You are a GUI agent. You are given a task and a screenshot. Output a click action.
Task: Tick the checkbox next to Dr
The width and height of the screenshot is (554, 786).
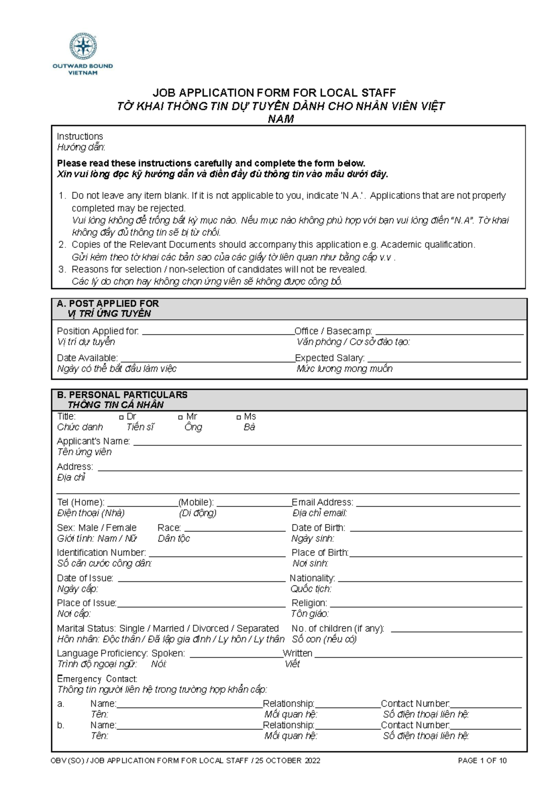121,417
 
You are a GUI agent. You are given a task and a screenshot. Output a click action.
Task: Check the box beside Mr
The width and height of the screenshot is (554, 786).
181,417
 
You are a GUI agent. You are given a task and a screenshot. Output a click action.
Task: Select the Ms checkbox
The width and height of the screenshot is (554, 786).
239,417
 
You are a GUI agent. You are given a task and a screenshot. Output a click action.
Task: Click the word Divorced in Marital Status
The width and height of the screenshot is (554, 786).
210,628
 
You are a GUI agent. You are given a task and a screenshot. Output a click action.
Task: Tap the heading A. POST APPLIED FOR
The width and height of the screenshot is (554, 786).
108,304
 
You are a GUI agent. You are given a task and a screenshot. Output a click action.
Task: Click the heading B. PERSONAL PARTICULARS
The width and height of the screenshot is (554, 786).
122,395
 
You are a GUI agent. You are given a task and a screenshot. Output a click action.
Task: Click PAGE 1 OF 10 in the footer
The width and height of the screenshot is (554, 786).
482,761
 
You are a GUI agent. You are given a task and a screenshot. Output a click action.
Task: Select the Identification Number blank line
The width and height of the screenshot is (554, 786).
216,554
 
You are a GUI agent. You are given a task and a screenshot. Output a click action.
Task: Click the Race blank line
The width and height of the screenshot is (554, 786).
235,530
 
